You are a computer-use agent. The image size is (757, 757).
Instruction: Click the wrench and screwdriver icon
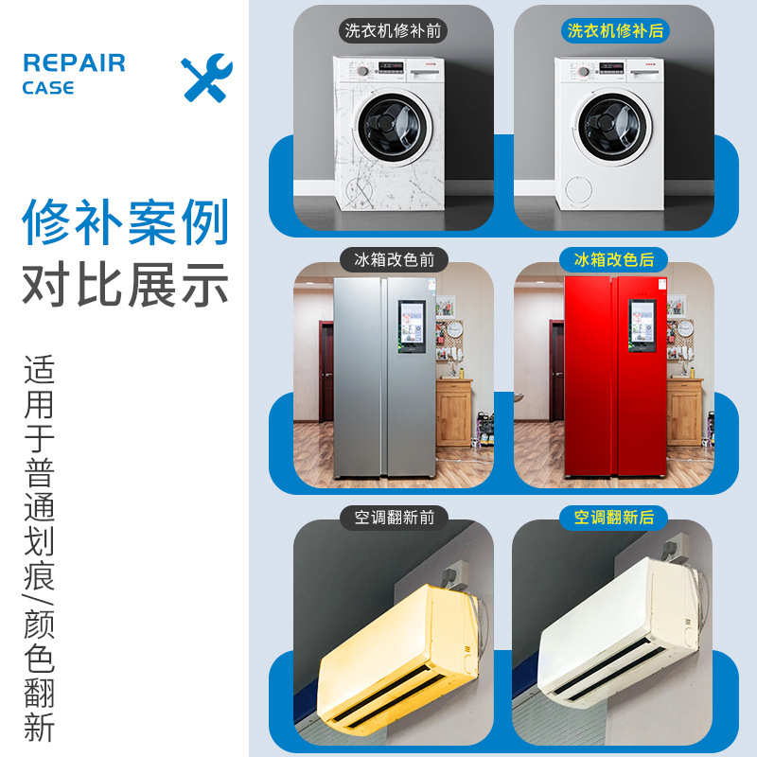pyautogui.click(x=206, y=78)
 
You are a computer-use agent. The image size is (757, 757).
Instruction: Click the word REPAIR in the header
pyautogui.click(x=74, y=63)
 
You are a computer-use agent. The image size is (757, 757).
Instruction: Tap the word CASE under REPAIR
pyautogui.click(x=48, y=88)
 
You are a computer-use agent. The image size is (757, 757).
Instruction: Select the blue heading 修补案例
pyautogui.click(x=126, y=223)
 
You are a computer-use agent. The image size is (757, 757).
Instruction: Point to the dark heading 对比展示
pyautogui.click(x=126, y=283)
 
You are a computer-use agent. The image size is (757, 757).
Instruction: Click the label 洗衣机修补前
pyautogui.click(x=394, y=30)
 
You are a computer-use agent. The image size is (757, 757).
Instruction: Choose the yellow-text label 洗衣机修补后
pyautogui.click(x=614, y=30)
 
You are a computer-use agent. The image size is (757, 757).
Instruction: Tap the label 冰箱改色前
pyautogui.click(x=394, y=258)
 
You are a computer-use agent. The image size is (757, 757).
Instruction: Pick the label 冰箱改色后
pyautogui.click(x=614, y=258)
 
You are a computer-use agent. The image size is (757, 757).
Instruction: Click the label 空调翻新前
pyautogui.click(x=394, y=517)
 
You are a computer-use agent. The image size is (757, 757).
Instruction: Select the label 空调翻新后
pyautogui.click(x=614, y=517)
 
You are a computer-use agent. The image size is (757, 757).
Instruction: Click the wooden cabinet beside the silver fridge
pyautogui.click(x=454, y=412)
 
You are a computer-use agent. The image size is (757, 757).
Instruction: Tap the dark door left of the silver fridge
pyautogui.click(x=326, y=369)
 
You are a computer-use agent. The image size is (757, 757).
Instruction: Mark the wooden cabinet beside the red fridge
pyautogui.click(x=683, y=412)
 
